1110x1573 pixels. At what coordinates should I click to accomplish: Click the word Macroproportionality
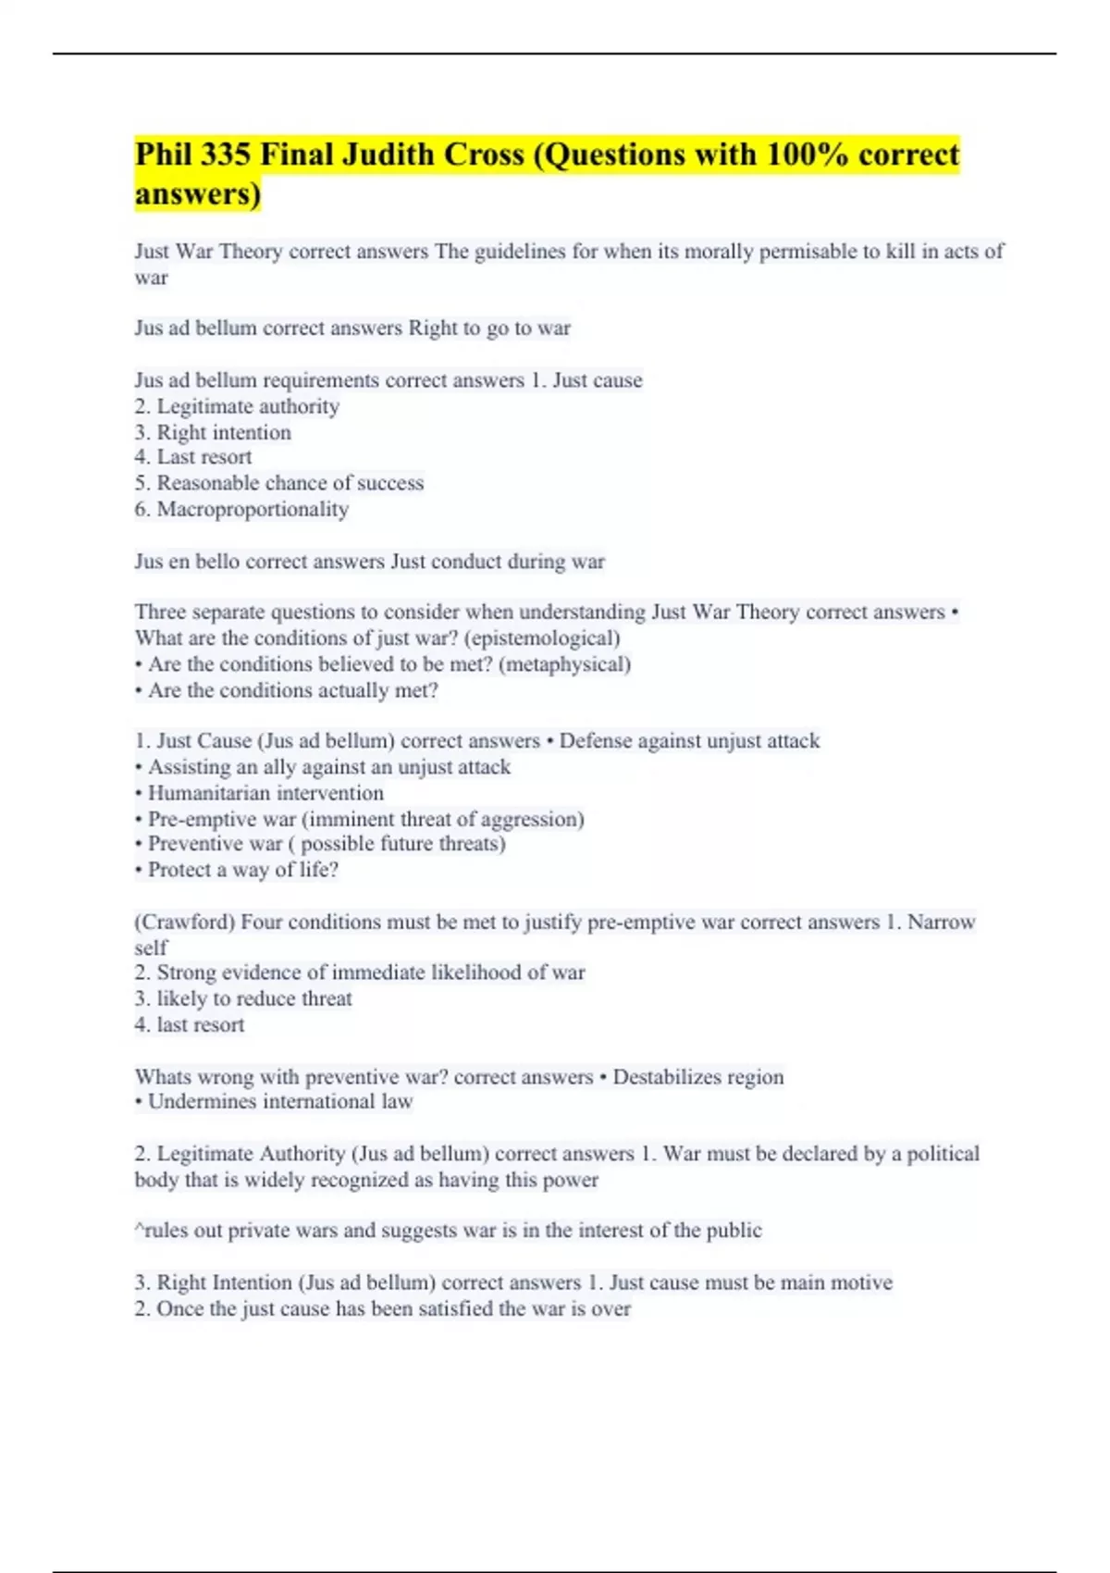(x=253, y=509)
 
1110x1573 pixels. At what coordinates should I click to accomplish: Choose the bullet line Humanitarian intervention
(x=265, y=793)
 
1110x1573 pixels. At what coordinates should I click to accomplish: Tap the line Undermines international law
(x=279, y=1102)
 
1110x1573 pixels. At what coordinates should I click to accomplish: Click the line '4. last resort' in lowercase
(x=190, y=1025)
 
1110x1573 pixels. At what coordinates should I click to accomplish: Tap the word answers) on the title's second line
(x=198, y=194)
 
